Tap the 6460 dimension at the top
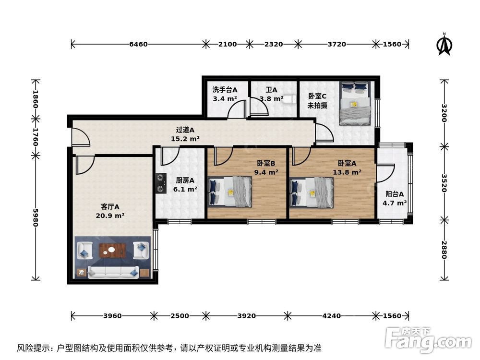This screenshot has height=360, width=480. pyautogui.click(x=138, y=44)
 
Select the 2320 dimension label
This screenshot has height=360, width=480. pyautogui.click(x=274, y=44)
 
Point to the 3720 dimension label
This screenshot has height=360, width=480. pyautogui.click(x=336, y=44)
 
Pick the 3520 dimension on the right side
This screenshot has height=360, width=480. pyautogui.click(x=444, y=182)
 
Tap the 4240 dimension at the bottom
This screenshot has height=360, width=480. pyautogui.click(x=332, y=316)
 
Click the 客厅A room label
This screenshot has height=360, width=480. pyautogui.click(x=110, y=206)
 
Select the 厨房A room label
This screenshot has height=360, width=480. pyautogui.click(x=185, y=180)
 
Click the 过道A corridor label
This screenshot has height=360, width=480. pyautogui.click(x=185, y=130)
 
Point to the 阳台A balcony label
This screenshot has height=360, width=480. pyautogui.click(x=395, y=194)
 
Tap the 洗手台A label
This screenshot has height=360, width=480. pyautogui.click(x=225, y=90)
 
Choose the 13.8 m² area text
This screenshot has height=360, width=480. pyautogui.click(x=347, y=172)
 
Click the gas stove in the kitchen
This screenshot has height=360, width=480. pyautogui.click(x=159, y=183)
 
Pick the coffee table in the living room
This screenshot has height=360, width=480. pyautogui.click(x=113, y=250)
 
